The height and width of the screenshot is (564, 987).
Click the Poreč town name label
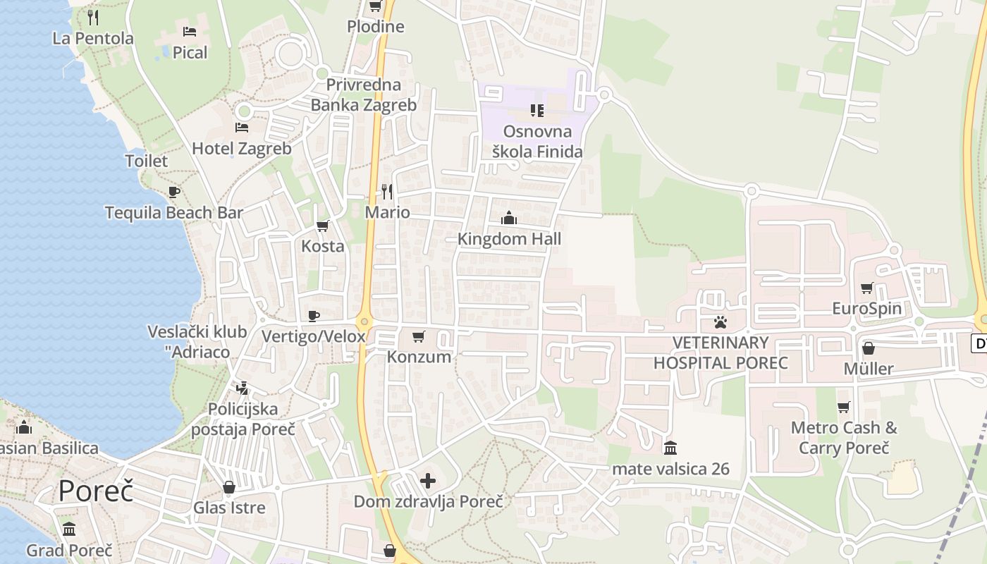tap(96, 491)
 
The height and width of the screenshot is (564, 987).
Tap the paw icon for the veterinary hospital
tap(720, 322)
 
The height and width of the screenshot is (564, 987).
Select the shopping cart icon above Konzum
tap(419, 336)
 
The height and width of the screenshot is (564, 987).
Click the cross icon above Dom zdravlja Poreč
tap(428, 482)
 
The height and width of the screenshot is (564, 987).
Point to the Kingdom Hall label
tap(509, 239)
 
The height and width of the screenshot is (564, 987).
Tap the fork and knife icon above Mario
tap(387, 191)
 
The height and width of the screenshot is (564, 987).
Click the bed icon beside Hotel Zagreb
tap(242, 128)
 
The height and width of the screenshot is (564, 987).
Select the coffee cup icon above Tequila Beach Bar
tap(174, 192)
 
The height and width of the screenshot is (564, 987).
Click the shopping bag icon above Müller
tap(869, 348)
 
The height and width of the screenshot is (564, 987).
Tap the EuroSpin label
tap(866, 308)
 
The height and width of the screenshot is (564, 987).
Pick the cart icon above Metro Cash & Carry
tap(843, 407)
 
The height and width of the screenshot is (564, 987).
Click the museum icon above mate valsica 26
tap(670, 448)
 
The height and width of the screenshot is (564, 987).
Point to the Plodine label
tap(376, 27)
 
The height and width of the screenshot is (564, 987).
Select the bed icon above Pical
tap(190, 32)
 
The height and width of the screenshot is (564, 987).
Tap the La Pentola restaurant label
tap(93, 38)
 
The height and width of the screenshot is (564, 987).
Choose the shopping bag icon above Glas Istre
tap(229, 487)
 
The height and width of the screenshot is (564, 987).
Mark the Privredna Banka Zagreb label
tap(364, 95)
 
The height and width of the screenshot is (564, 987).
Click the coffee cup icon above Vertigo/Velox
tap(314, 316)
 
